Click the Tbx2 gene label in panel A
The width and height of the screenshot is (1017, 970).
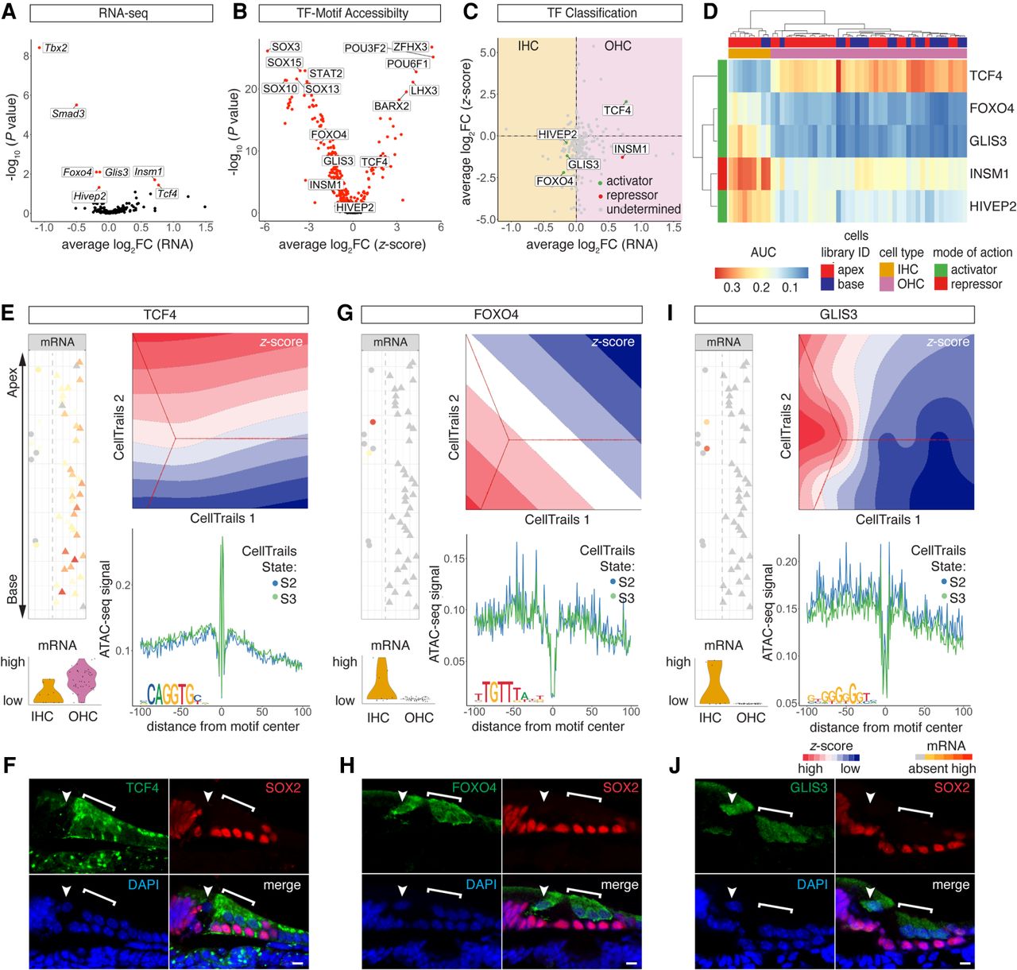(56, 48)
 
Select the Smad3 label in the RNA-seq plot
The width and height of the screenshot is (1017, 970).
(68, 114)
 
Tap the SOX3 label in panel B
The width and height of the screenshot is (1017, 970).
(286, 48)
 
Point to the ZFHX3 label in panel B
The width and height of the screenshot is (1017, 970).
(410, 48)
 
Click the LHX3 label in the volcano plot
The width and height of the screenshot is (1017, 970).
(424, 91)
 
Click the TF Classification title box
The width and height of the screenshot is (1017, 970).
(591, 14)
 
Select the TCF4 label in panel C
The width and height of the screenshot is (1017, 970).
(617, 110)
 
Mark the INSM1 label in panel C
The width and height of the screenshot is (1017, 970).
(631, 149)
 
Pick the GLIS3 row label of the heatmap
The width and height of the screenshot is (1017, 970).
(988, 141)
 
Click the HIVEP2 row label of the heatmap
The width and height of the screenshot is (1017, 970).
(992, 207)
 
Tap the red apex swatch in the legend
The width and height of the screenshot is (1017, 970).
(827, 270)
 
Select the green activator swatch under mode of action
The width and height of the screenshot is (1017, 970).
(941, 270)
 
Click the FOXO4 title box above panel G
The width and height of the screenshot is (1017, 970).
(496, 315)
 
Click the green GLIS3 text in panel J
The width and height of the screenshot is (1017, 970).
(808, 788)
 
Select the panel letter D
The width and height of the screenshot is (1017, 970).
(710, 12)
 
